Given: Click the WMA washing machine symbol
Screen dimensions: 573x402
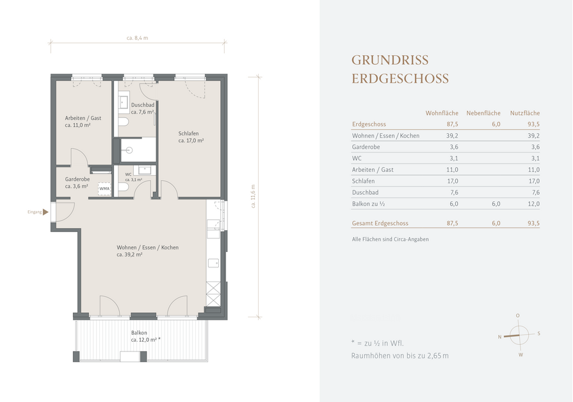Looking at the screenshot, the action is [104, 189].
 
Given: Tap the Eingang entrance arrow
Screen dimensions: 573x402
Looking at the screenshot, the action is [45, 212].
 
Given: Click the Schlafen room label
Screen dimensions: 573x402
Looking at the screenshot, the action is [189, 133].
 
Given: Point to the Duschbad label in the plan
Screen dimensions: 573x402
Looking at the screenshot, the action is [143, 105].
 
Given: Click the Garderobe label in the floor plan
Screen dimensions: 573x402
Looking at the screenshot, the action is [77, 179].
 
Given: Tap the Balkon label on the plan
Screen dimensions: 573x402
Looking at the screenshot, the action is [139, 333].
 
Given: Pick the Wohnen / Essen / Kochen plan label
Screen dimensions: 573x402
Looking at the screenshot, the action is [148, 247].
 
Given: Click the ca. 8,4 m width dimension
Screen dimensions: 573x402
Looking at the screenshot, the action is [138, 38].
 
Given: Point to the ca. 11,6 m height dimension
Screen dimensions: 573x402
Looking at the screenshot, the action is [253, 196].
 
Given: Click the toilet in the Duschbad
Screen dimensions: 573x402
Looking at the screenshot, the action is [124, 122].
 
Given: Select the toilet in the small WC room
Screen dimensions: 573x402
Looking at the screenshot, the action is [124, 187].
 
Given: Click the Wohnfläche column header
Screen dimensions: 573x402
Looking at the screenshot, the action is [442, 113].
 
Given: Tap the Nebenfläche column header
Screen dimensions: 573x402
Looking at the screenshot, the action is [483, 113].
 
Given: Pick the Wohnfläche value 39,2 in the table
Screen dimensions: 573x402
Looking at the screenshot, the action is [452, 136].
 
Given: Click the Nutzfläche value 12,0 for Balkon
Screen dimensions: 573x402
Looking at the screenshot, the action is [533, 204].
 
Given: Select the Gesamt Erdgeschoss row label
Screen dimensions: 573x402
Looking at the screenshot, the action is [380, 223].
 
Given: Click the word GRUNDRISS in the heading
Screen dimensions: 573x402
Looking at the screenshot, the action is [390, 60].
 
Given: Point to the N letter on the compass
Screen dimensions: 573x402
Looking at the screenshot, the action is [499, 337].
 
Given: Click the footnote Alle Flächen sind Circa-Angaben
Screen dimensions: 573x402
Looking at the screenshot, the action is [391, 239].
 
